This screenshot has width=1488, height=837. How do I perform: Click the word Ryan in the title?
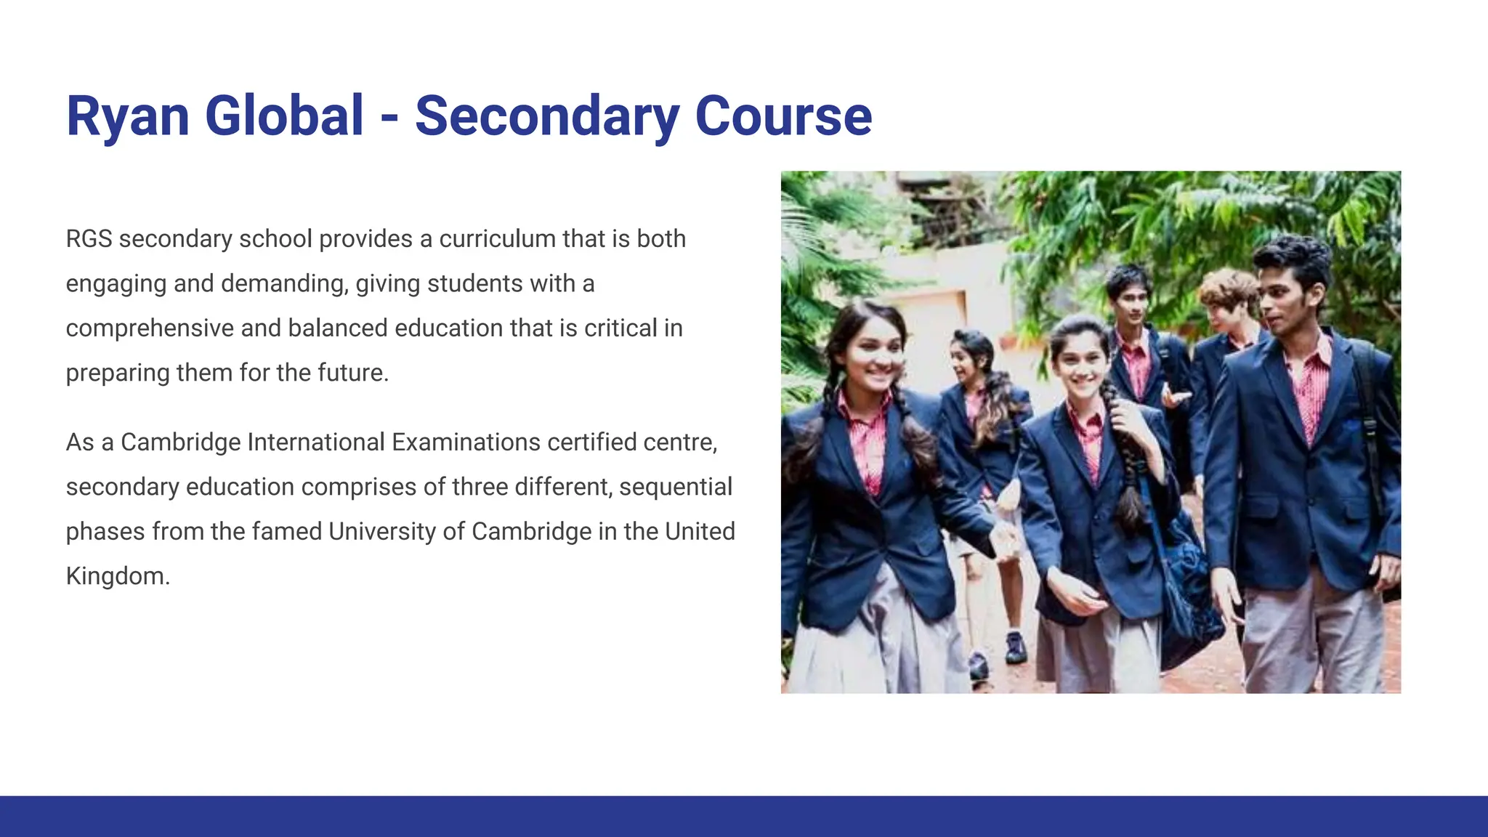pyautogui.click(x=128, y=116)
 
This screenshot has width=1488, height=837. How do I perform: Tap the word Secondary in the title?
pyautogui.click(x=547, y=116)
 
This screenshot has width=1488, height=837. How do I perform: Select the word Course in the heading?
pyautogui.click(x=783, y=116)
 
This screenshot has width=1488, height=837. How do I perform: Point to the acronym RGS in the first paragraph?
pyautogui.click(x=89, y=239)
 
